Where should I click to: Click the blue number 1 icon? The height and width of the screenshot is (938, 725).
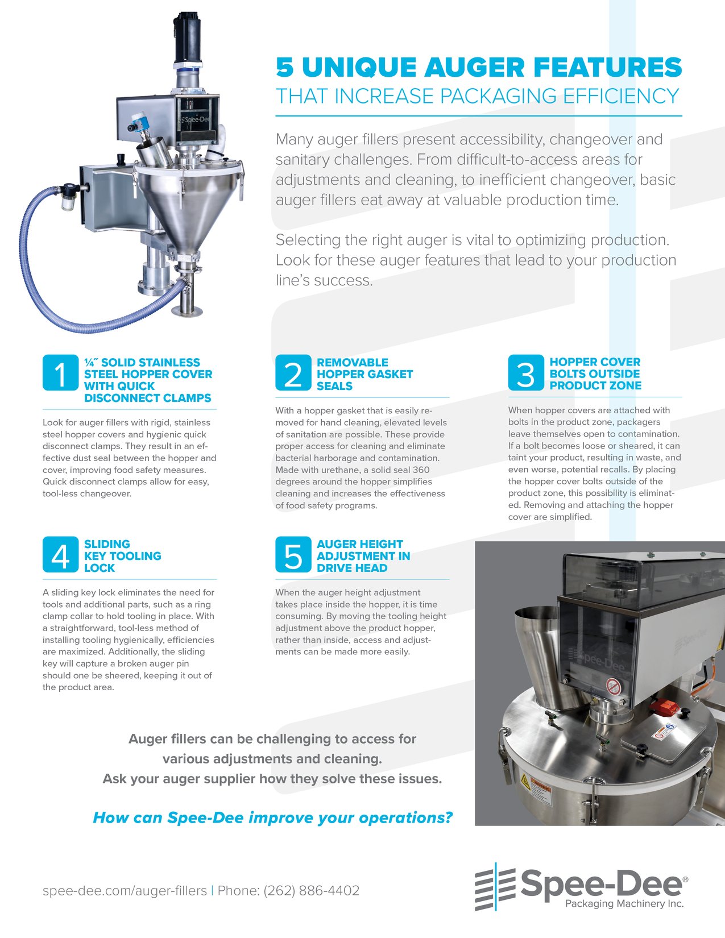[60, 373]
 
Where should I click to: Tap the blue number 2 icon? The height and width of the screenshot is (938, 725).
[293, 373]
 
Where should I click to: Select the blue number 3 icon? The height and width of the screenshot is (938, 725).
[526, 373]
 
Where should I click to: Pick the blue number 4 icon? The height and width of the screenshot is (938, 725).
[60, 555]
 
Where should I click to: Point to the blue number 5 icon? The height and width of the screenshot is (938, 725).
[293, 555]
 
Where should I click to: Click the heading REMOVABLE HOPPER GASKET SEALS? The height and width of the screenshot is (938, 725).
[364, 374]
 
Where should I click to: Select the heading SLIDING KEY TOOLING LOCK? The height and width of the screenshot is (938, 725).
[122, 556]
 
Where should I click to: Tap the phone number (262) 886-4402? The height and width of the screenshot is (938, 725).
[311, 890]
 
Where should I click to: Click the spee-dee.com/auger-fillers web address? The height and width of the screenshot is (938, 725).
[125, 890]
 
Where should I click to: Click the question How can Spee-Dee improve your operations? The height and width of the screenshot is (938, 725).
[272, 817]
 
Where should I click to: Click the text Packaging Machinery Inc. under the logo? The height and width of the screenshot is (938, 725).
[624, 903]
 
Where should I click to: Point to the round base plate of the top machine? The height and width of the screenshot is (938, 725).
[187, 311]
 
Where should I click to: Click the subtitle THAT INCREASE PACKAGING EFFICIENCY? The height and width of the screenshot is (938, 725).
[478, 97]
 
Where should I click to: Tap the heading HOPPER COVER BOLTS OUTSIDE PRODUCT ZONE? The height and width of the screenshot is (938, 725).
[595, 373]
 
